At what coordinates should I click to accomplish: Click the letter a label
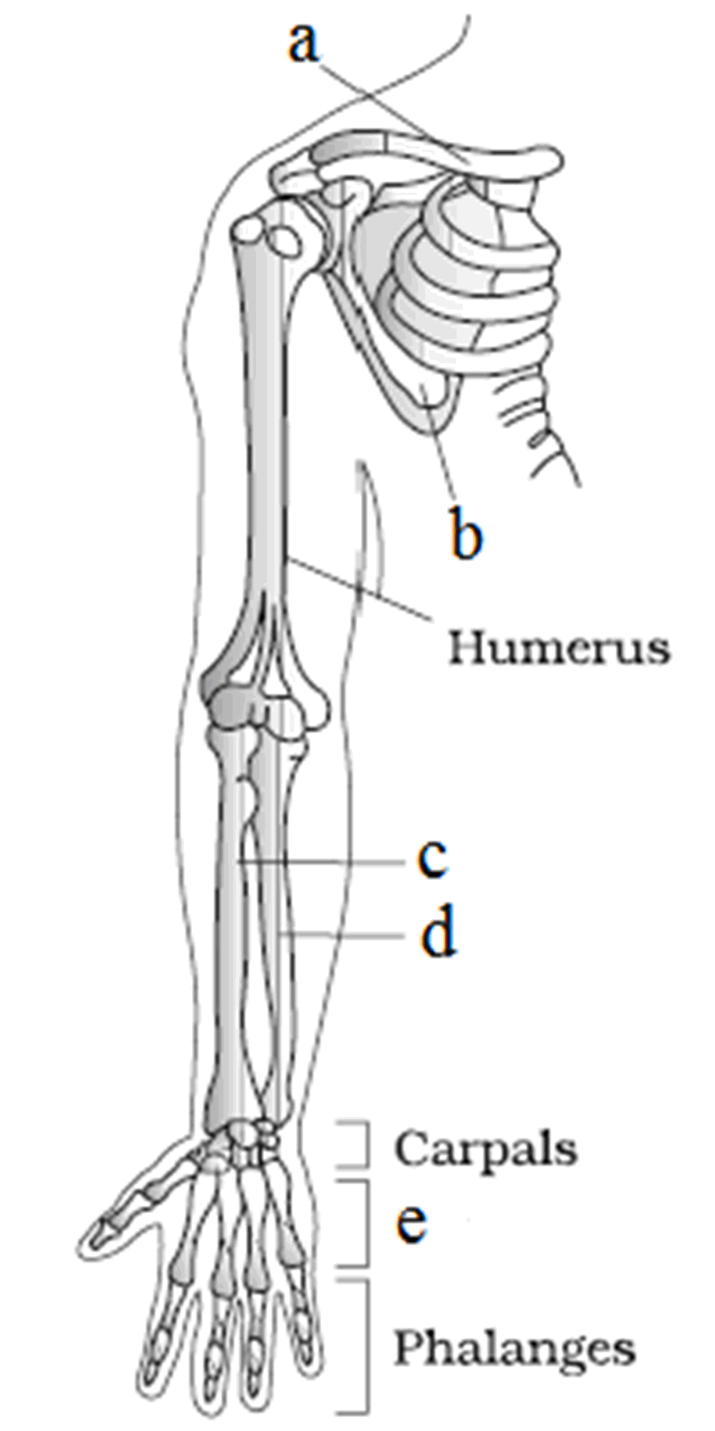pyautogui.click(x=303, y=43)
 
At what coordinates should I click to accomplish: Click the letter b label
pyautogui.click(x=465, y=532)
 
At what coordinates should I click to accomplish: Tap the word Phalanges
pyautogui.click(x=514, y=1347)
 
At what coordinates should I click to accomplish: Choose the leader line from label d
pyautogui.click(x=343, y=934)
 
